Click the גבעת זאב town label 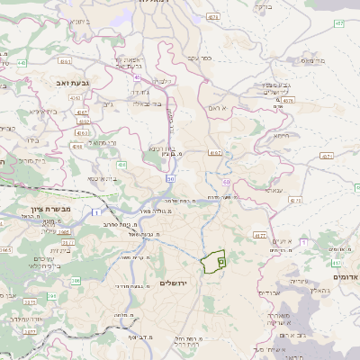[57, 81]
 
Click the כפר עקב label [199, 58]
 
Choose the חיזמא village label [281, 135]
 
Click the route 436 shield [121, 166]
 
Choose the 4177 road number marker [258, 236]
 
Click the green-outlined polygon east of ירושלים [213, 261]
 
